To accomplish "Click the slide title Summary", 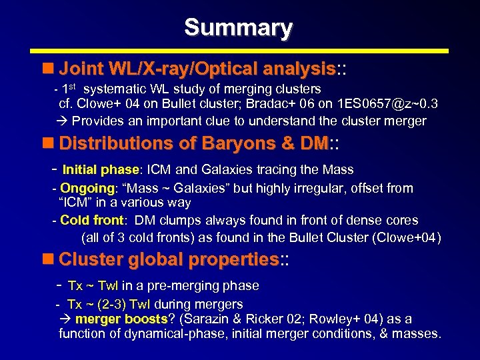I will [x=238, y=27].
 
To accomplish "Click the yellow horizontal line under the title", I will [x=239, y=51].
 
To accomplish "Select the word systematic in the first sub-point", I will [x=116, y=89].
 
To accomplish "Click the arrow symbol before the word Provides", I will [x=63, y=121].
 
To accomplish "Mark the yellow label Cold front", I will [x=91, y=220].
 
